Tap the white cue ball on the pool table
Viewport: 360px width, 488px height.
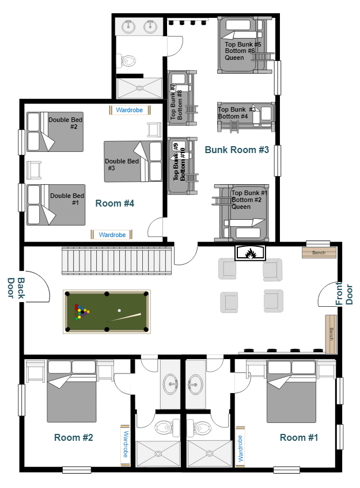(x=119, y=311)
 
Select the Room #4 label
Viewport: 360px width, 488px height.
(x=115, y=203)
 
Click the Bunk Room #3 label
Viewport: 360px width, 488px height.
(x=237, y=150)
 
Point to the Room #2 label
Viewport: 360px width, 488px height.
(x=74, y=437)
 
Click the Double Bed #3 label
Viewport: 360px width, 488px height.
(x=122, y=165)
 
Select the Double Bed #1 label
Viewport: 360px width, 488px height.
(x=67, y=199)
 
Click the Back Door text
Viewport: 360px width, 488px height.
(x=16, y=288)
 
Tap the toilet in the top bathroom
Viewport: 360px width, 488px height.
(x=128, y=60)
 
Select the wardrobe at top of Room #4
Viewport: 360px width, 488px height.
(x=129, y=110)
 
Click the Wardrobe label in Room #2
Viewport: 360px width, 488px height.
(x=125, y=445)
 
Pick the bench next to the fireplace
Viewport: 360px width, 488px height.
(x=319, y=253)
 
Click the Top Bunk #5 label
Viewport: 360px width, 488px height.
(x=243, y=44)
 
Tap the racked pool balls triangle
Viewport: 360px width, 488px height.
(x=82, y=312)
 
